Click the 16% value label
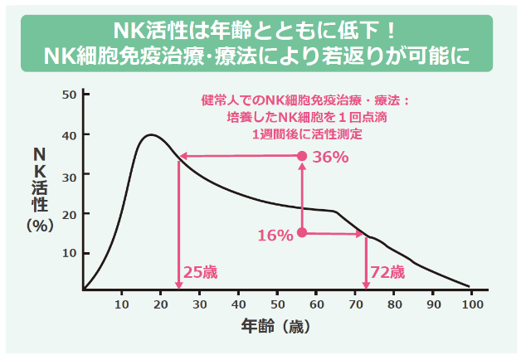point(275,236)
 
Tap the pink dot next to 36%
point(302,156)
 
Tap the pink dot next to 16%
point(302,233)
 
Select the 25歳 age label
point(199,272)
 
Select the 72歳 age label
point(387,272)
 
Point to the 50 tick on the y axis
point(70,95)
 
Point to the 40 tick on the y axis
point(70,134)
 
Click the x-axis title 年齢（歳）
point(276,326)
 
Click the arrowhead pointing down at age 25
point(179,285)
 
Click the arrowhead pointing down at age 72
point(366,285)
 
